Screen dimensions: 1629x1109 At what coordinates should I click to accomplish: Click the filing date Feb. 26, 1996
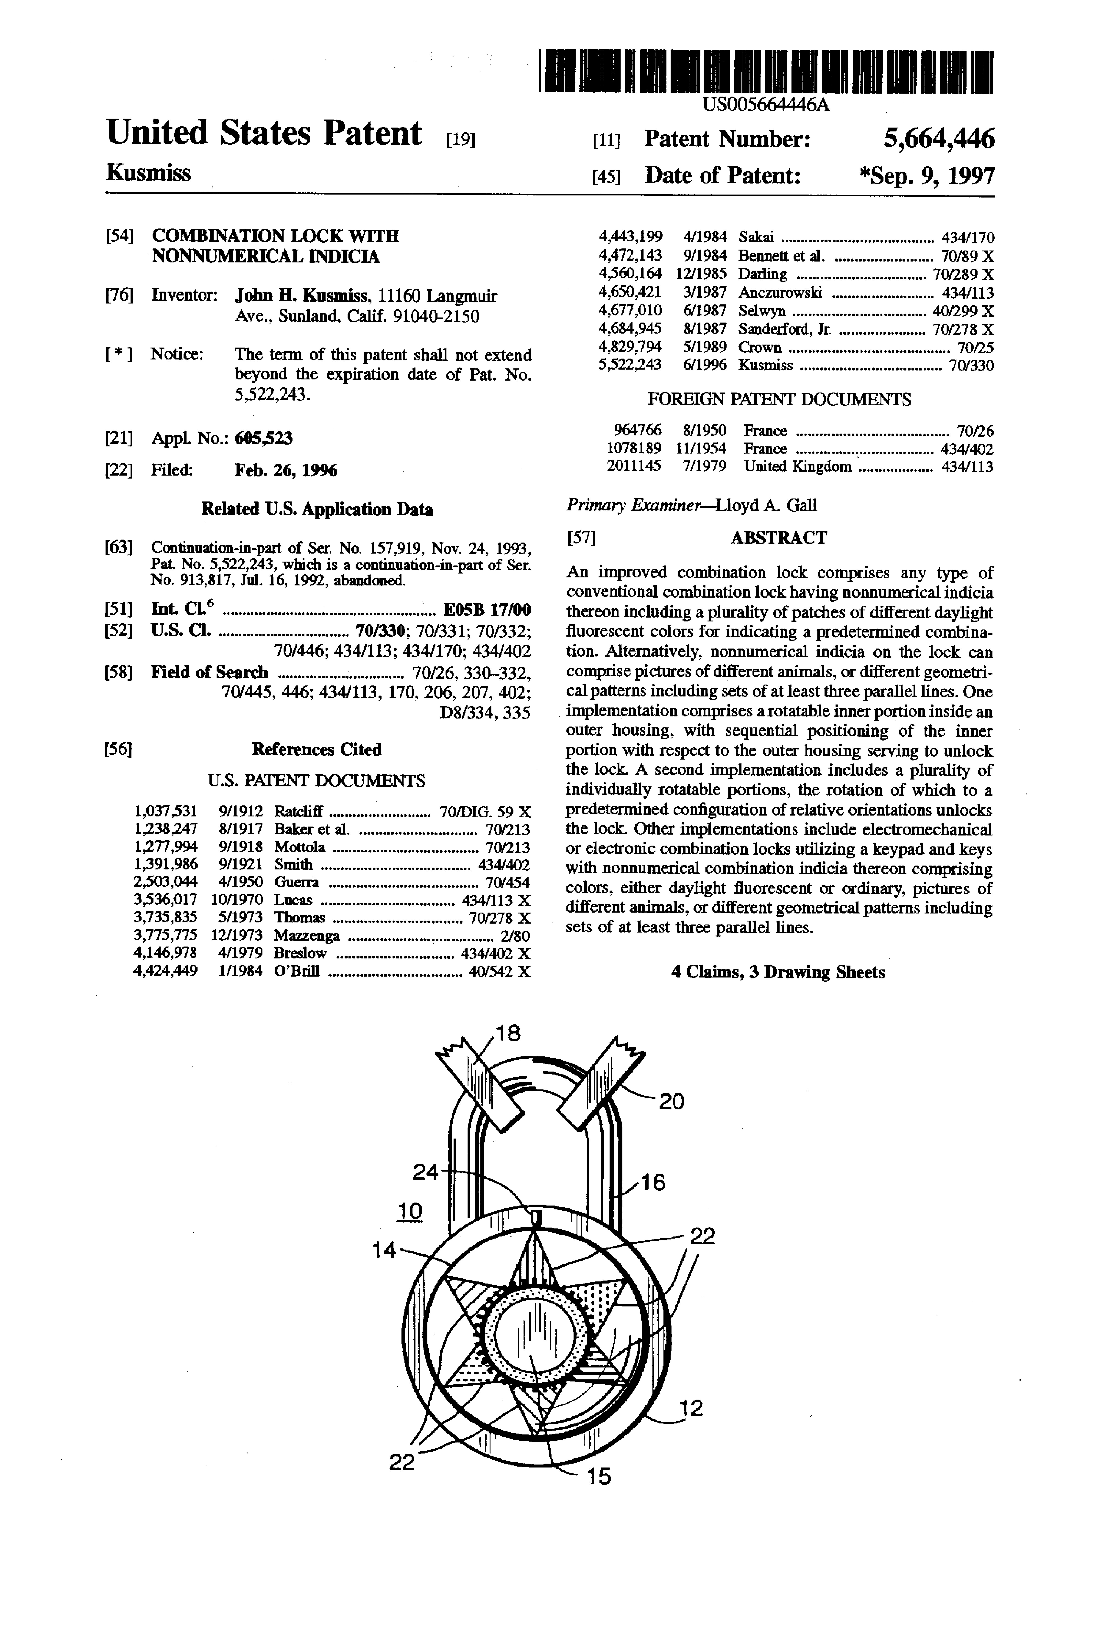point(285,470)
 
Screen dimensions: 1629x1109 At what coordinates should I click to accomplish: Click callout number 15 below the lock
point(599,1477)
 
